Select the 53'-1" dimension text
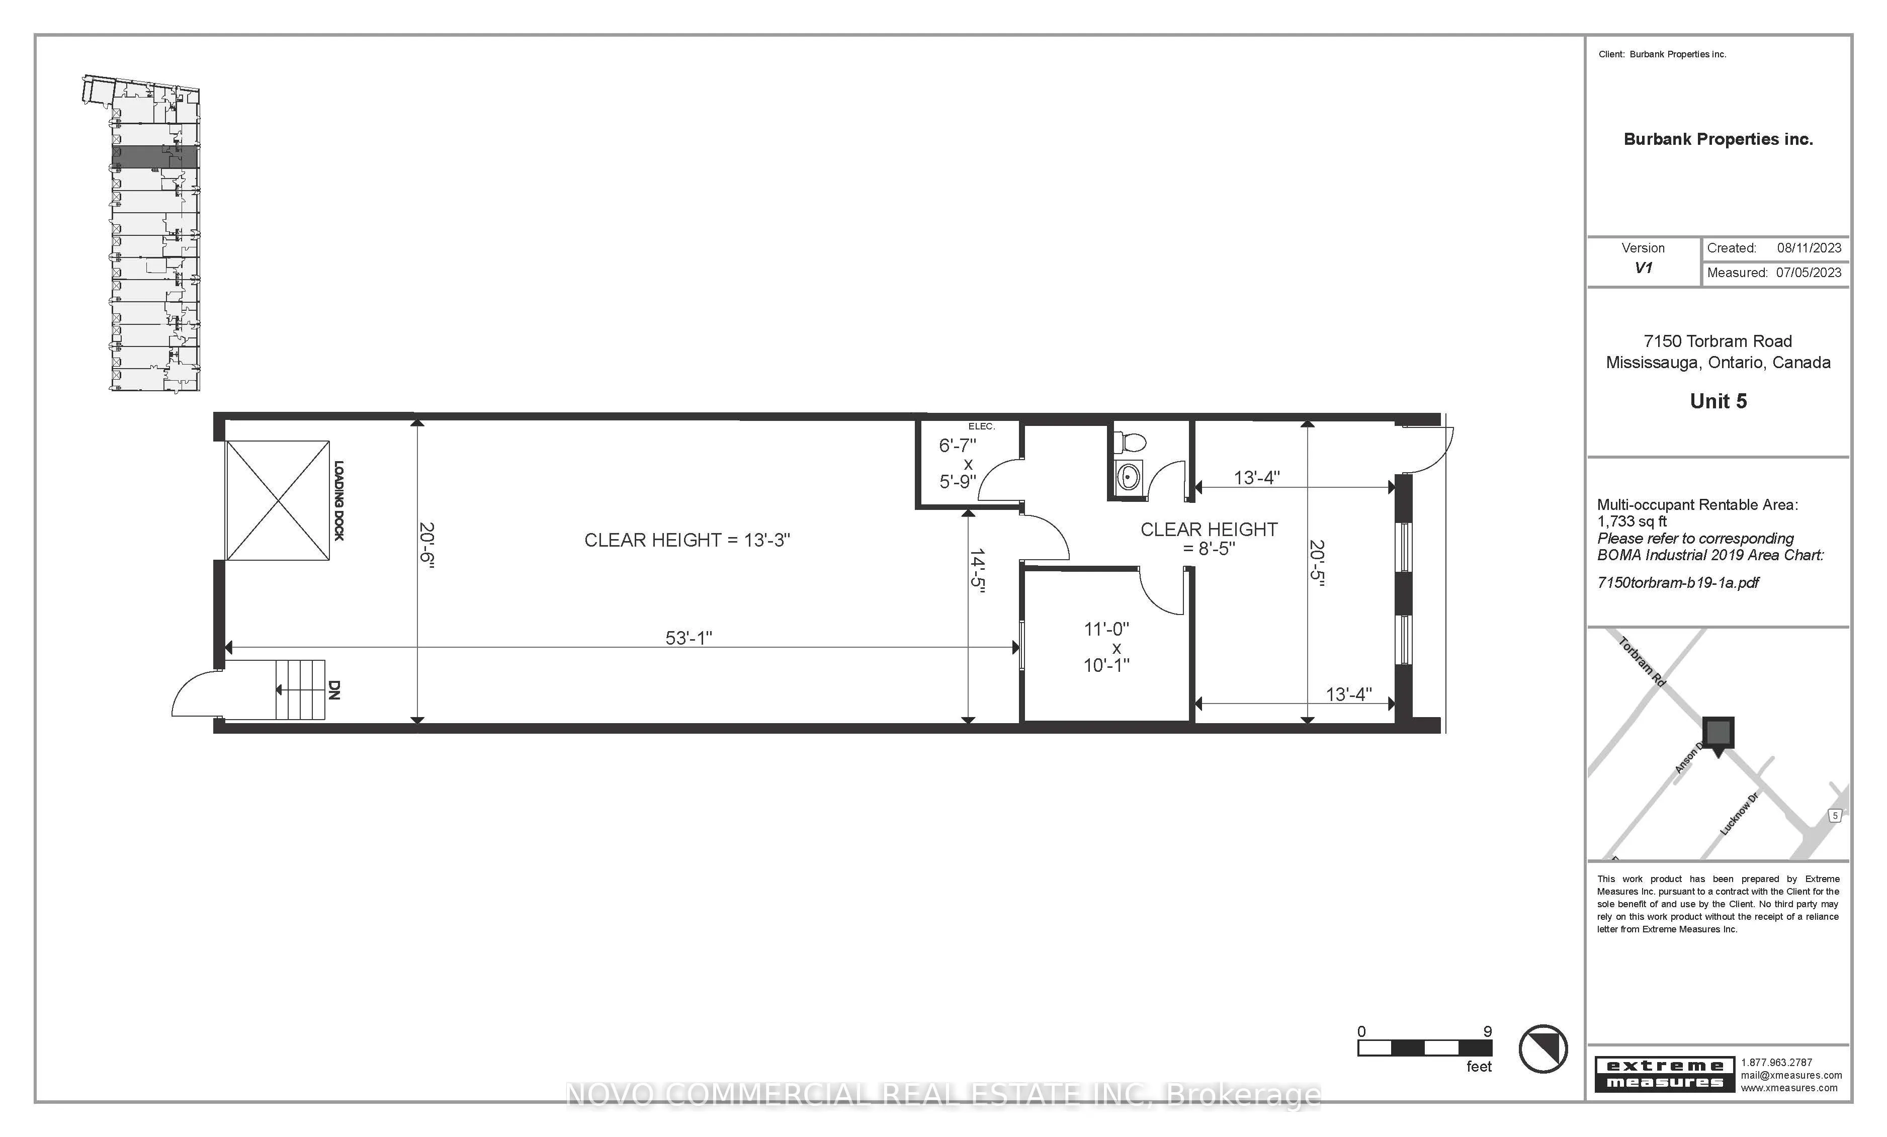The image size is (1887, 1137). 689,638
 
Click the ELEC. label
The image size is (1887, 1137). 981,426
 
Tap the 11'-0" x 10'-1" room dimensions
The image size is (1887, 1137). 1106,647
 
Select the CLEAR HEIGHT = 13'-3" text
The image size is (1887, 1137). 687,540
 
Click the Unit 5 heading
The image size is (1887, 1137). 1718,401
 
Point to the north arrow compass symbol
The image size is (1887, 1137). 1543,1049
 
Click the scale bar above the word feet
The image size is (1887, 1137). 1424,1048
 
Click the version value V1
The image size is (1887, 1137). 1643,268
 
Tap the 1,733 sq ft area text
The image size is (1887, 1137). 1632,521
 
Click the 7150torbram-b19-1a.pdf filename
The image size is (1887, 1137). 1678,583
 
